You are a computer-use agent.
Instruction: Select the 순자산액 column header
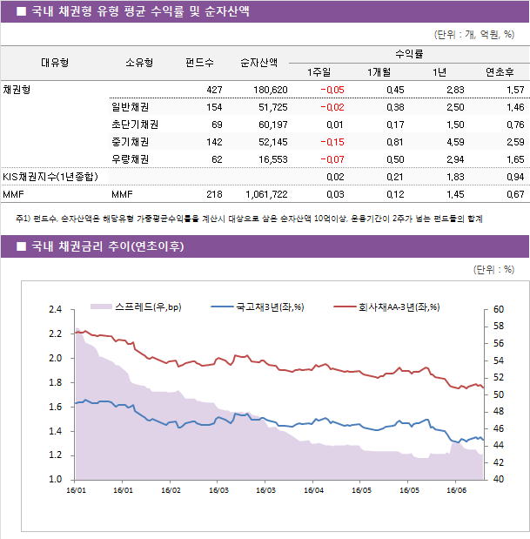tap(259, 63)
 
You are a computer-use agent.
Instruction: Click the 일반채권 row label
tap(129, 107)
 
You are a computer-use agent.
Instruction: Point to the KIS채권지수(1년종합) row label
tap(50, 177)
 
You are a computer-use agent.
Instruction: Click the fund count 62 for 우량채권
tap(217, 159)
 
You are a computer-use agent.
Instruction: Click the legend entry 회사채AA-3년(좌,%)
tap(397, 307)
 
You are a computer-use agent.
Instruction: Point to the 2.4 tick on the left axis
tap(55, 310)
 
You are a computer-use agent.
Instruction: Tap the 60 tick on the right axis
tap(499, 310)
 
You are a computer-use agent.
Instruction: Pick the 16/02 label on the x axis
tap(171, 490)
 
